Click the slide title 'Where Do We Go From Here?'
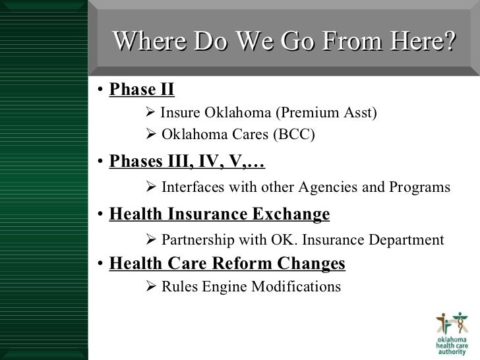pyautogui.click(x=284, y=42)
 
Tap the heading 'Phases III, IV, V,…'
pyautogui.click(x=187, y=162)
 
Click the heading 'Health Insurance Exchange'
pyautogui.click(x=219, y=214)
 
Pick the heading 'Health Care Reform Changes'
pyautogui.click(x=227, y=264)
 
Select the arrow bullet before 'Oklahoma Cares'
pyautogui.click(x=150, y=135)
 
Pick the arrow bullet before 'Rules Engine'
pyautogui.click(x=150, y=287)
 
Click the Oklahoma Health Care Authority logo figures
pyautogui.click(x=454, y=324)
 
